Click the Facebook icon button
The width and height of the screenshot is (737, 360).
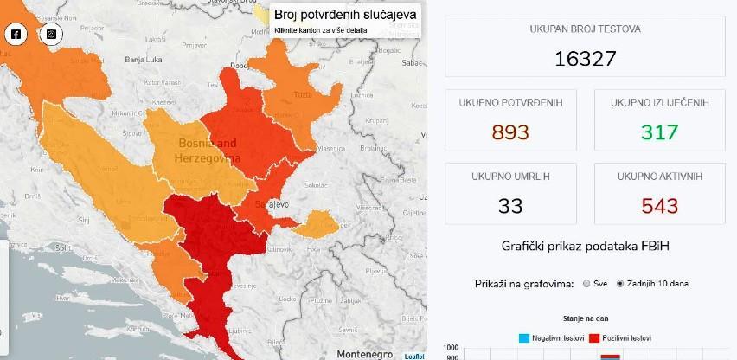(16, 35)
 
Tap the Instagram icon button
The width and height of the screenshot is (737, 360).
(52, 35)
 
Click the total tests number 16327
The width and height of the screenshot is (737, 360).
(586, 58)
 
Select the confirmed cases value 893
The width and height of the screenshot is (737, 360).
(509, 132)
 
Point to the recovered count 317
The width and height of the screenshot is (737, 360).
(659, 132)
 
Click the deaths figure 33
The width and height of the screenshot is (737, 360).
(509, 205)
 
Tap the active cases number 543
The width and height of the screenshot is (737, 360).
(659, 205)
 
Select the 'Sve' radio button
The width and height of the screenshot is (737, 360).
(587, 284)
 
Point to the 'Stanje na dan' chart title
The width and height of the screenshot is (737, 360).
(585, 318)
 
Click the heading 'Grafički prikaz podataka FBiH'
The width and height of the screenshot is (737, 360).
(585, 247)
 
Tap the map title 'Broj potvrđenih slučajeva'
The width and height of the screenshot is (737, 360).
(345, 15)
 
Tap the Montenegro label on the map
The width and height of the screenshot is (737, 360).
(364, 354)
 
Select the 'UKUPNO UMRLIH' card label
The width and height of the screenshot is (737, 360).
(509, 176)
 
